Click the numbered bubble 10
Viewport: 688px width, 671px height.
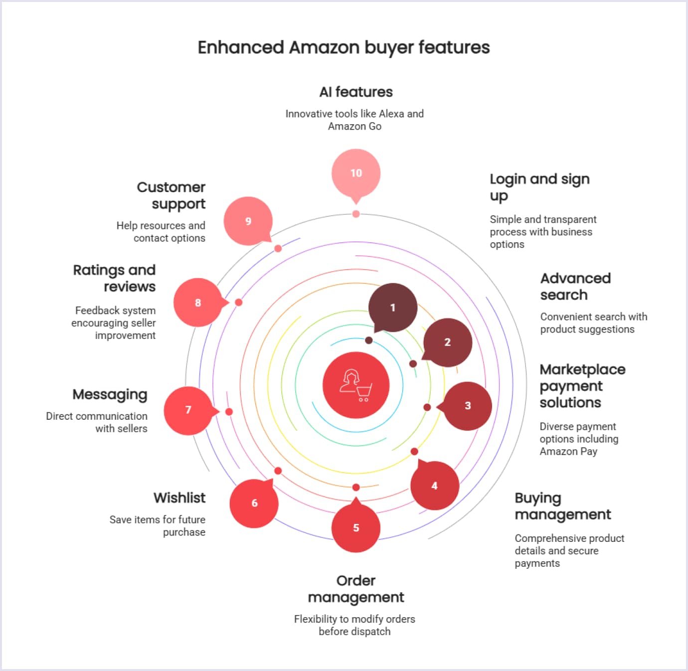point(356,173)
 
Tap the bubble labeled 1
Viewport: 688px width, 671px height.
point(393,308)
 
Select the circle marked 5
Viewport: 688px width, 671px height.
point(356,528)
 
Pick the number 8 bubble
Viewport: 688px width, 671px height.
point(198,303)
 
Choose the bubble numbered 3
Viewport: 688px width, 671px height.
point(468,406)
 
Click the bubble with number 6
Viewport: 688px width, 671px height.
point(254,503)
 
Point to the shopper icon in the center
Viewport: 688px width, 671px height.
point(356,385)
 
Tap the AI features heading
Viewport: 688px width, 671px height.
point(356,92)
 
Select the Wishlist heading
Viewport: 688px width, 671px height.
point(179,498)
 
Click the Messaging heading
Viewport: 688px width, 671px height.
point(110,394)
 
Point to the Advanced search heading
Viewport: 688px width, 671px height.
point(575,286)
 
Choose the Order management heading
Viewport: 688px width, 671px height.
point(356,589)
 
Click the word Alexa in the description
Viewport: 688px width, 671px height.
point(391,114)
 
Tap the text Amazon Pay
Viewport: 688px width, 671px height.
point(568,451)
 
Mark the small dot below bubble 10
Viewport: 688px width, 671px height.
point(356,214)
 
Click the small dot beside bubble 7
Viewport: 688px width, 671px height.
point(229,412)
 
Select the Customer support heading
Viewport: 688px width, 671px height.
point(171,195)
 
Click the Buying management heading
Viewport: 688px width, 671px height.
point(563,506)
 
